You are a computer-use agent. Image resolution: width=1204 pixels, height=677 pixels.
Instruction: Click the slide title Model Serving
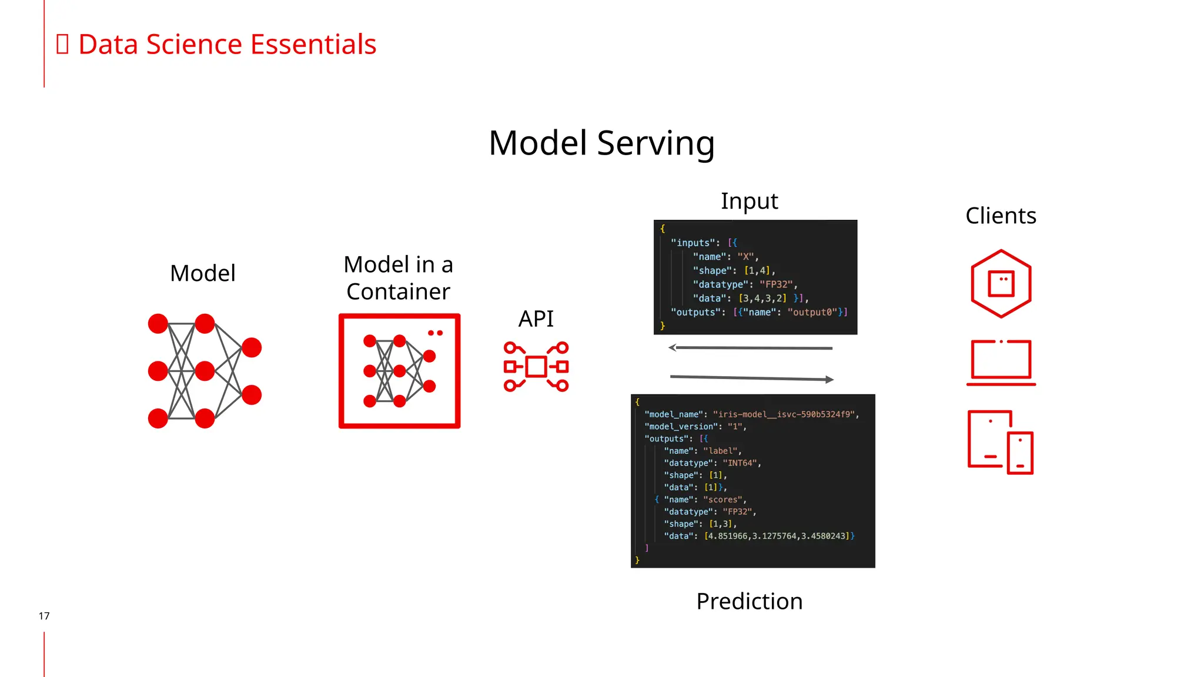(601, 143)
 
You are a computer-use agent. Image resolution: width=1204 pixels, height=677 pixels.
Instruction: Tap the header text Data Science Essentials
(227, 45)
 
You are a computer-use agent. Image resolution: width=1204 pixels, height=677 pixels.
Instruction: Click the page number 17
(44, 616)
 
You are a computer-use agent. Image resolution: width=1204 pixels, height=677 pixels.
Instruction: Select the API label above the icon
(536, 319)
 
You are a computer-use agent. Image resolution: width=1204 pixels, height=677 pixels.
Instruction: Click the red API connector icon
(536, 367)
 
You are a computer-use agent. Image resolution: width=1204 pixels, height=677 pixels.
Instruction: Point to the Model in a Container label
(398, 278)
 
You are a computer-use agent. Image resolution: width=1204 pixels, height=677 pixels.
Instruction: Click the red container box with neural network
(399, 371)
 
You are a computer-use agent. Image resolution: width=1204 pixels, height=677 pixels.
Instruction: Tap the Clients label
(1001, 216)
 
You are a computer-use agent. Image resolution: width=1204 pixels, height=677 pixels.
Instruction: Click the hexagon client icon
(1001, 284)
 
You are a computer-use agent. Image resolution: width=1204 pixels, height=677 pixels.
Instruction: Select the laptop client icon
(1001, 362)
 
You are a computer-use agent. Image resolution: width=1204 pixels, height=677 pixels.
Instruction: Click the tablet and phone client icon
(1001, 442)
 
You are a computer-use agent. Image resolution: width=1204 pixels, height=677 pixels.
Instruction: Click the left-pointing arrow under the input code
(750, 348)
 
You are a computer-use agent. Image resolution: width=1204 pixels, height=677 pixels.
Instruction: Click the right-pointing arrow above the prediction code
(752, 378)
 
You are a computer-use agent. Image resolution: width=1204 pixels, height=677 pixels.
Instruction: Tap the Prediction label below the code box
(749, 601)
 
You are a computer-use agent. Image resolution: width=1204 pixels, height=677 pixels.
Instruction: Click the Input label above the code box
(749, 201)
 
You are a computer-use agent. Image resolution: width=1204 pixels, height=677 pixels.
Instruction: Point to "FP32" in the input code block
(776, 284)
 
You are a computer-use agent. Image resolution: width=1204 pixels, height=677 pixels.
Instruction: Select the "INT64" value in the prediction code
(740, 463)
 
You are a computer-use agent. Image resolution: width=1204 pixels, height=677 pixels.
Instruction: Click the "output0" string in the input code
(812, 312)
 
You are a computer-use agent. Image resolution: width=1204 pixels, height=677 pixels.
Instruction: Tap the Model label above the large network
(202, 273)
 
